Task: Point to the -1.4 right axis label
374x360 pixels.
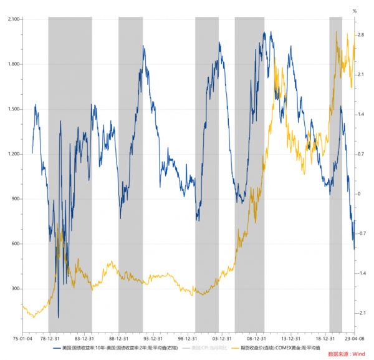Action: pyautogui.click(x=361, y=273)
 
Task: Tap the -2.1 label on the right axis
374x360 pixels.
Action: pyautogui.click(x=361, y=313)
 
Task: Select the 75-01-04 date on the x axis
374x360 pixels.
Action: pyautogui.click(x=22, y=339)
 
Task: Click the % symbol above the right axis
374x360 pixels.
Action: pyautogui.click(x=355, y=11)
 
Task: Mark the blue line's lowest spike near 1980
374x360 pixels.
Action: pyautogui.click(x=58, y=317)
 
